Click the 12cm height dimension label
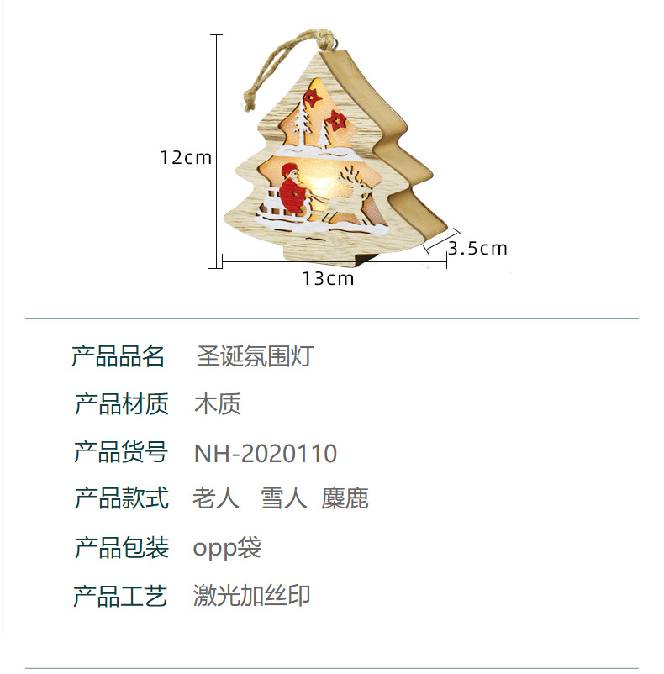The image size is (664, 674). pos(187,157)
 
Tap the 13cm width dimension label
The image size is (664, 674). pos(329,279)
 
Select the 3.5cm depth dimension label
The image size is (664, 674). pos(477,249)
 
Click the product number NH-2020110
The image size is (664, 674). pos(266,454)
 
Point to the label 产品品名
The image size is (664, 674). pos(119,356)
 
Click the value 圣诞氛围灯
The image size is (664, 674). pos(255,356)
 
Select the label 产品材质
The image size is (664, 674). pos(122,404)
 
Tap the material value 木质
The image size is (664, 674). pos(219,404)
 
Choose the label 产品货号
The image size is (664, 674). pos(122,452)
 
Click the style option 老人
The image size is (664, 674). pos(216,499)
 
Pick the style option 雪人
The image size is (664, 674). pos(284,499)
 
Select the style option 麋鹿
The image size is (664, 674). pos(345,499)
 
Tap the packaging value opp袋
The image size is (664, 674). pos(228,549)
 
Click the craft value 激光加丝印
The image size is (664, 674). pos(252,596)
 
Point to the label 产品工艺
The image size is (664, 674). pos(122,597)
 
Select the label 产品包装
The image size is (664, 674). pos(122,548)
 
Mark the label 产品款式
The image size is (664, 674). pos(122,498)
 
